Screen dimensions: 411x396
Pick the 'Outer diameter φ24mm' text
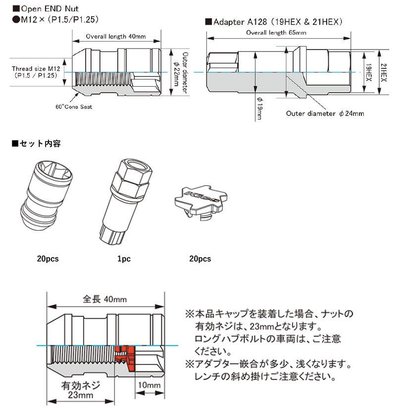[x=325, y=113]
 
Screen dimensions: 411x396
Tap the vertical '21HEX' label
[x=385, y=72]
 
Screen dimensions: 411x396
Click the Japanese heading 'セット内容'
[x=39, y=144]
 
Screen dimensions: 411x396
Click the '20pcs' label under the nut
[x=48, y=259]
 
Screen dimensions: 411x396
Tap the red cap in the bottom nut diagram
[x=125, y=358]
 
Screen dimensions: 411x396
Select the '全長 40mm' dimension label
[x=105, y=300]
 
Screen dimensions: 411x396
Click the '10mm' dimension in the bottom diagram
[x=149, y=385]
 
